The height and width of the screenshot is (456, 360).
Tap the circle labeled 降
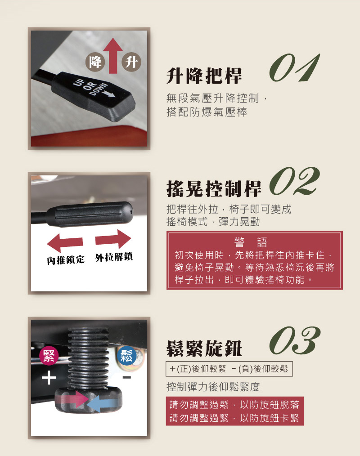coord(95,62)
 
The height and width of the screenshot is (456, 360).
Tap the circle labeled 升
coord(131,62)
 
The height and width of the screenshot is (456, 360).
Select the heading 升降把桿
coord(204,76)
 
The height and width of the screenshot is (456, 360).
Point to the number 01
coord(294,68)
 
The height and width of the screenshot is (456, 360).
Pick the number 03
coord(295,340)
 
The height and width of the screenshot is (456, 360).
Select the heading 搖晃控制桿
coord(214,189)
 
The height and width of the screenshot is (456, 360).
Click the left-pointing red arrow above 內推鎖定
coord(65,242)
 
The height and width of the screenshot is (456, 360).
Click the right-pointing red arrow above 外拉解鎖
coord(113,239)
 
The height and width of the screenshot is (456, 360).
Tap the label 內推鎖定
coord(66,259)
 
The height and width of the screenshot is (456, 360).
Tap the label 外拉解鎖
coord(114,257)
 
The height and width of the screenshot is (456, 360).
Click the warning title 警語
coord(251,242)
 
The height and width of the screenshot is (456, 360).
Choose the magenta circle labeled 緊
coord(49,356)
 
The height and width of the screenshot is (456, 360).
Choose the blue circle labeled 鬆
coord(126,355)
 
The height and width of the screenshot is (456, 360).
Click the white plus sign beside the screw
coord(49,377)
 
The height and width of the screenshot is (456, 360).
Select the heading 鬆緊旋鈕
coord(204,349)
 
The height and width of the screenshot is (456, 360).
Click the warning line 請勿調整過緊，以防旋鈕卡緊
coord(234,418)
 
